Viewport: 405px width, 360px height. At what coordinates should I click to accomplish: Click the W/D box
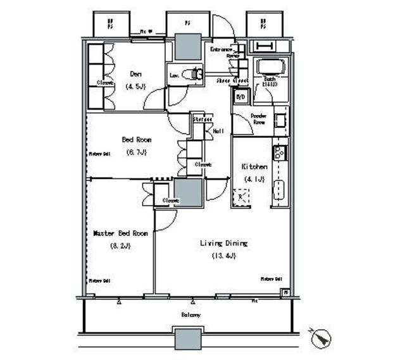(240, 97)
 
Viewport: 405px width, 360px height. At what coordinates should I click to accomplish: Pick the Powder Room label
(258, 119)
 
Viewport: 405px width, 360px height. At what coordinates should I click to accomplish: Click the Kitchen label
(254, 166)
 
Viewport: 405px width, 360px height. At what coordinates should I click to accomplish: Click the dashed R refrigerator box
(240, 197)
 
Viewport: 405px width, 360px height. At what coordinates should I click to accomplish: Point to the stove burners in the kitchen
(279, 152)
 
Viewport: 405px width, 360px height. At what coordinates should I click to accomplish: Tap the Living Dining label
(223, 243)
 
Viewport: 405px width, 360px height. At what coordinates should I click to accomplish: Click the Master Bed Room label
(120, 233)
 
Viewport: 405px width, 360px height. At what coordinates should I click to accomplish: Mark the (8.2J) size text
(120, 245)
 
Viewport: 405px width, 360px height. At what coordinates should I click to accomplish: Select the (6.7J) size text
(136, 152)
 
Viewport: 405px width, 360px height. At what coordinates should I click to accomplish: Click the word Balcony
(191, 314)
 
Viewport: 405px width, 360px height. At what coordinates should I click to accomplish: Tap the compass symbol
(321, 337)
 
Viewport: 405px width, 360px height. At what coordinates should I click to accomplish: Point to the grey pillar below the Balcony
(188, 339)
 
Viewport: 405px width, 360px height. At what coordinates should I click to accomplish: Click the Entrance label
(221, 49)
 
